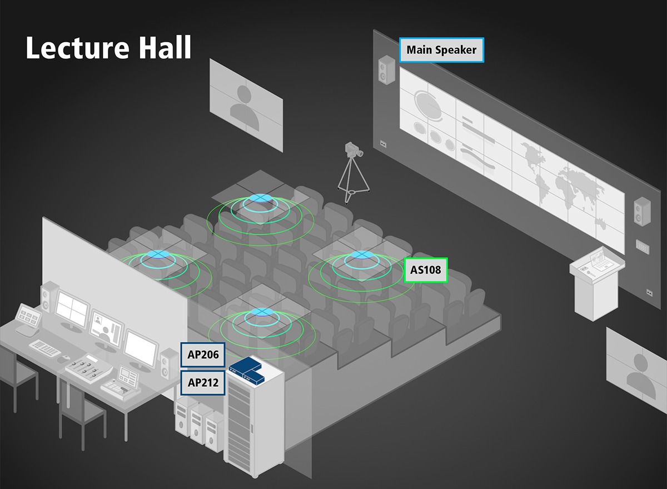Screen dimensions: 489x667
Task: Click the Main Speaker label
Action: [441, 50]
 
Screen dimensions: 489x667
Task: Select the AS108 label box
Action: [426, 271]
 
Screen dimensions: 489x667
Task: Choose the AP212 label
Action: [203, 382]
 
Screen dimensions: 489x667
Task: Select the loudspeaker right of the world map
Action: [642, 212]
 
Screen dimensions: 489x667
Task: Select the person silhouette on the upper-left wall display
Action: [246, 103]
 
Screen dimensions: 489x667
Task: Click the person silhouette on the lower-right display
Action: [638, 371]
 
